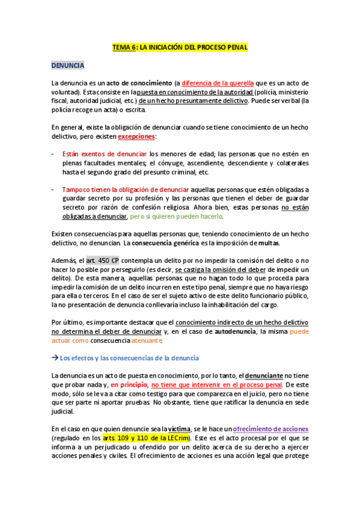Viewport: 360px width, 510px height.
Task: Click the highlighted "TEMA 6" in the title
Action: pos(124,47)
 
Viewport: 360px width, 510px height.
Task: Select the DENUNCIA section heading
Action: pos(68,65)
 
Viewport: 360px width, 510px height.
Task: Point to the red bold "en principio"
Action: pos(128,385)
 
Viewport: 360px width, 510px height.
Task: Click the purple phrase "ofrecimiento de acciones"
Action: pos(270,429)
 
